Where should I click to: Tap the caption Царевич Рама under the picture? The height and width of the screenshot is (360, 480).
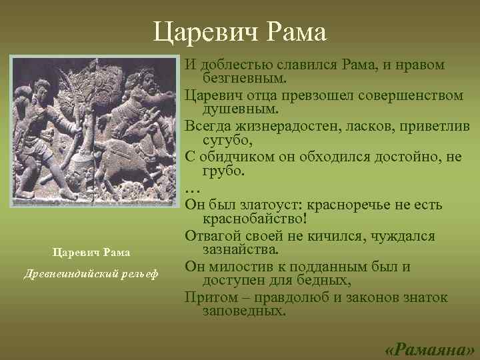(x=92, y=252)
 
